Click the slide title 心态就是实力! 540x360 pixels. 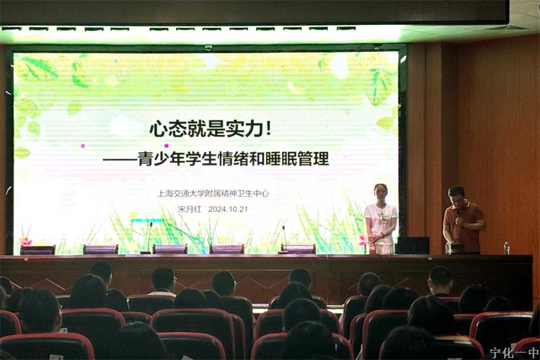pos(210,129)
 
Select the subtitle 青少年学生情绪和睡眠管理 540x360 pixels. pos(233,159)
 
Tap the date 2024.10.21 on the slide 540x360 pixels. pos(228,209)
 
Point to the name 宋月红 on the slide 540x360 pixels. pos(190,209)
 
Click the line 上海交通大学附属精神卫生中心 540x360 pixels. pos(213,193)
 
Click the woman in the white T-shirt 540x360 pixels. pos(380,219)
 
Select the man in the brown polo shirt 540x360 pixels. pos(463,220)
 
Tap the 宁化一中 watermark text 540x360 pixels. pos(514,353)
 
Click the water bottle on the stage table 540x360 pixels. pos(506,248)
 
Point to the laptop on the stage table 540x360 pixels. pos(412,245)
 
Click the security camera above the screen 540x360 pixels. pos(209,47)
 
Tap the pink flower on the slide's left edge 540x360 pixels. pos(26,242)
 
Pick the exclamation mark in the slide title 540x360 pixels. pos(269,129)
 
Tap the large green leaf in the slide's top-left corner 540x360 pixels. pos(38,69)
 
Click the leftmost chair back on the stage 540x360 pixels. pos(38,250)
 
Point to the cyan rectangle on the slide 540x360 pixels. pos(147,220)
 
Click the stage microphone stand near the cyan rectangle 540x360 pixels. pos(148,238)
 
